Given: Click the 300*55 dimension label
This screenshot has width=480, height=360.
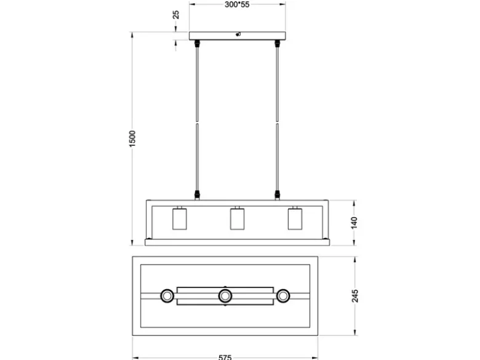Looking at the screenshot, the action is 237,4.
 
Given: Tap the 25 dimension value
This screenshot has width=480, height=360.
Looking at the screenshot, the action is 176,15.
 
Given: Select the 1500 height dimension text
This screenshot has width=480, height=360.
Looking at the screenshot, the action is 132,138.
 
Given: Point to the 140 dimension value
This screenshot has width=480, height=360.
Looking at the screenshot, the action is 354,223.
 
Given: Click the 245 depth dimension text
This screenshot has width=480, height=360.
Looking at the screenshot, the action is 355,296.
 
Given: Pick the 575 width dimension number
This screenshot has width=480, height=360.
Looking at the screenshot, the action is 225,358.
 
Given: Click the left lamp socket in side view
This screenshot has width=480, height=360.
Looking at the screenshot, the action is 180,218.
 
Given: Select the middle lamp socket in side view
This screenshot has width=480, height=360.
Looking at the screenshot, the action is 238,218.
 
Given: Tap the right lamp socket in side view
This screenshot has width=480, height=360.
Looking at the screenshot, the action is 295,218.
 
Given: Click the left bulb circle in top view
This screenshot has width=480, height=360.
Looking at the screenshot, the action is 167,296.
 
